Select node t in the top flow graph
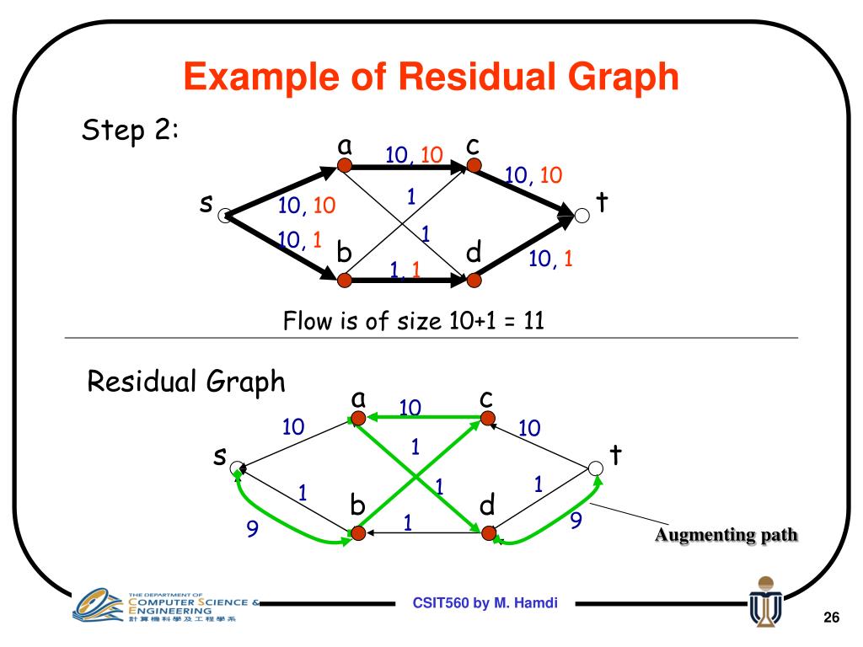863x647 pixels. click(x=582, y=216)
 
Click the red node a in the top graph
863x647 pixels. click(x=344, y=165)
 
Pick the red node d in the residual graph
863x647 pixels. click(x=488, y=532)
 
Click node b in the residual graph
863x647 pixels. click(x=357, y=532)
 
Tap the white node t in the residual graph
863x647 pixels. click(x=596, y=468)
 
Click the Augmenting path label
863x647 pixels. click(x=726, y=535)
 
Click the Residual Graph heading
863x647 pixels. click(x=187, y=383)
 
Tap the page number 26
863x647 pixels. click(x=832, y=619)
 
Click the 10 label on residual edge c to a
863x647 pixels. click(x=410, y=407)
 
